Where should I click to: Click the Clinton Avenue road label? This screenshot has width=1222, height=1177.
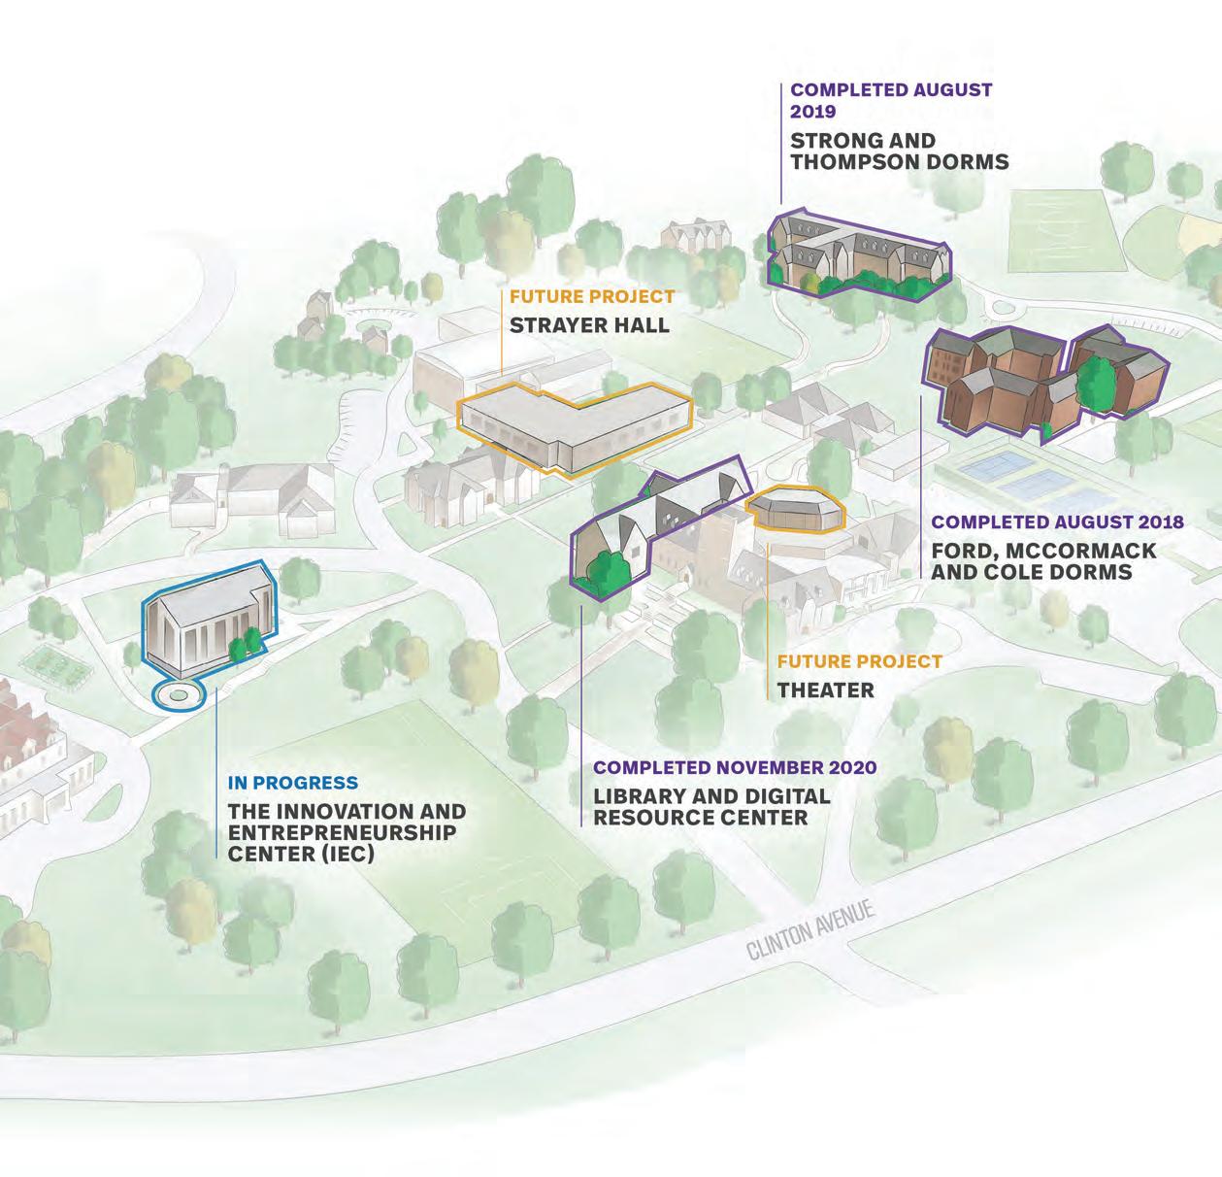point(811,929)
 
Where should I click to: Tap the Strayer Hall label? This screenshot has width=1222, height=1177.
point(589,323)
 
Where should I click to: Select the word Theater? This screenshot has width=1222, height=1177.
point(825,690)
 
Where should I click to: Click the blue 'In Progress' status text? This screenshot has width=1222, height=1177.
point(292,783)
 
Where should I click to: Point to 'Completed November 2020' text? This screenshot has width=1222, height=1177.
point(735,767)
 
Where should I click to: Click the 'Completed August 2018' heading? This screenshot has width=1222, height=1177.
point(1057,522)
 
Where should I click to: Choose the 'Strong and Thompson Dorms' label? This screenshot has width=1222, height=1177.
point(899,151)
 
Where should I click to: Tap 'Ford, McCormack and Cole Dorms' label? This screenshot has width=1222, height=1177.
point(1043,561)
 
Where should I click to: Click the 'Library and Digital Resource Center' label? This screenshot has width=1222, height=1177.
point(711,807)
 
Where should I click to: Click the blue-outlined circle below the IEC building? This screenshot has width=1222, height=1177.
point(179,694)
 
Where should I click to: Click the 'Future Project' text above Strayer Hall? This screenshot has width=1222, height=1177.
point(591,296)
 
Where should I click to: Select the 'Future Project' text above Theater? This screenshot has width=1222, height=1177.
point(859,661)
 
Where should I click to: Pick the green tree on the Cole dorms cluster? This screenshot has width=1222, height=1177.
point(1097,378)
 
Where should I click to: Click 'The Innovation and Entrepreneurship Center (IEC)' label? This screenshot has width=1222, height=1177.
point(347,832)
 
